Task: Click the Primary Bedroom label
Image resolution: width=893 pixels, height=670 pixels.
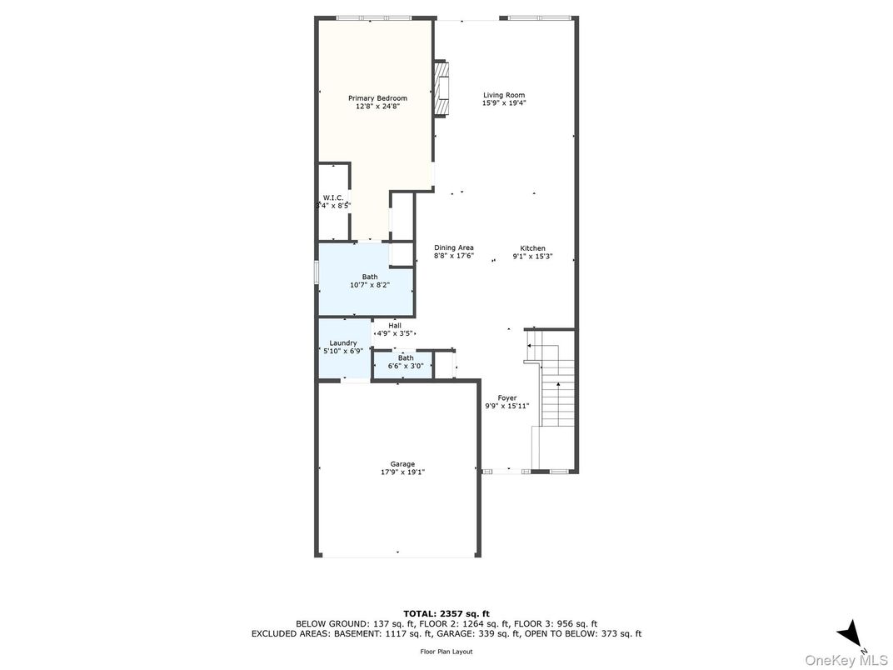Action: (377, 98)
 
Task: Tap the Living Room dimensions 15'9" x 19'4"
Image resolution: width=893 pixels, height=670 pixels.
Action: (504, 103)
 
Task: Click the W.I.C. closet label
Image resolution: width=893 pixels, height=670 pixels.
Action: (333, 197)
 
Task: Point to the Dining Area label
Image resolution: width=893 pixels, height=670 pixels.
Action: (454, 247)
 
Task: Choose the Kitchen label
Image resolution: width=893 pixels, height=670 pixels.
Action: (532, 248)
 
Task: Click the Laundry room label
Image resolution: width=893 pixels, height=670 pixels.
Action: (343, 343)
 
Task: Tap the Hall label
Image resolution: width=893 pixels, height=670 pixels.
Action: (395, 326)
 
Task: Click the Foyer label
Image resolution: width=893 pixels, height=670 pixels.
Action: (506, 398)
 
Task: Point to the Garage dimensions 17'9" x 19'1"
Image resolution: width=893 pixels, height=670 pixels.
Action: (402, 472)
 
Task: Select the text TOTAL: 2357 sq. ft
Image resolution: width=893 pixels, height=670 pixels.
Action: (446, 613)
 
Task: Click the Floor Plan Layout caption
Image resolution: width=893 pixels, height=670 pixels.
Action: (446, 652)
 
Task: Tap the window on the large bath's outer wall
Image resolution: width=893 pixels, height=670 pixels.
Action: (317, 271)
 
